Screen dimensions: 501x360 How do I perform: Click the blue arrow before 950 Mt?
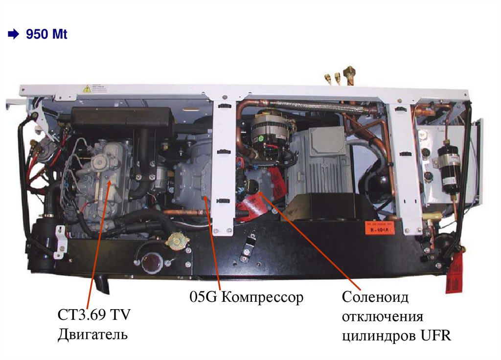13,34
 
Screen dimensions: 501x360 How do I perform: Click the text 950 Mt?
46,34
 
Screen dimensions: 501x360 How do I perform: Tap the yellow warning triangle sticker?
87,89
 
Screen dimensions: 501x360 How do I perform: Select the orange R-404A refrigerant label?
380,227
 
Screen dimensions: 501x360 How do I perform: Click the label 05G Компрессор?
247,297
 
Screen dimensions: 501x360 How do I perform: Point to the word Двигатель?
92,334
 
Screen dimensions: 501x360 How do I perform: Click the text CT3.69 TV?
94,315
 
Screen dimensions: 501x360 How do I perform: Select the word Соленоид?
375,297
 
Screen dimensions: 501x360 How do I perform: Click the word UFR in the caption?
435,336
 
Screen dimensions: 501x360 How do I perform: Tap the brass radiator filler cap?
176,241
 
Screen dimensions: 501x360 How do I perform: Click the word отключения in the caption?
383,317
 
